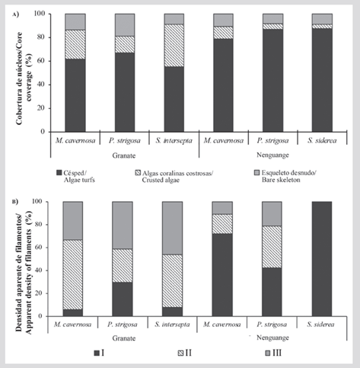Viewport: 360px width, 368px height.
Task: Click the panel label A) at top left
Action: [16, 14]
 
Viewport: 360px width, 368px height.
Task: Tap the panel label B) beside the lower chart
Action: [15, 202]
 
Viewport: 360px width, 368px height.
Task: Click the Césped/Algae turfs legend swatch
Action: [59, 173]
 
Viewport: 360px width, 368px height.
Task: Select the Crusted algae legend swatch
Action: [138, 173]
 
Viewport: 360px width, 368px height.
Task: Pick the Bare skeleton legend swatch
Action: [256, 173]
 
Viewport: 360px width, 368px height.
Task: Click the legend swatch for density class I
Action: [97, 353]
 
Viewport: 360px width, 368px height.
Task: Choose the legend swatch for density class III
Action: [268, 353]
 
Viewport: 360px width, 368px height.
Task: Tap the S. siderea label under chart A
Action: [322, 140]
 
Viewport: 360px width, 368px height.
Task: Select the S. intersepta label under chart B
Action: [173, 325]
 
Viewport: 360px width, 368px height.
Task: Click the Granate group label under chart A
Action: [124, 155]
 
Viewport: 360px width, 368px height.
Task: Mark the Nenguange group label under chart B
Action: [272, 338]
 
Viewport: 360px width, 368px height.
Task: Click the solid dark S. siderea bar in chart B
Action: [322, 259]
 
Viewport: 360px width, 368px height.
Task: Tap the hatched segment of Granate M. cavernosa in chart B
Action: [73, 274]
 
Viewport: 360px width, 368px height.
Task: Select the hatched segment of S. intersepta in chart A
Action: [174, 46]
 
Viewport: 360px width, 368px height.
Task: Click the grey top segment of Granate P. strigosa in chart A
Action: [125, 25]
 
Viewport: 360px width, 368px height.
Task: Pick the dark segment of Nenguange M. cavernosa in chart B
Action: [222, 275]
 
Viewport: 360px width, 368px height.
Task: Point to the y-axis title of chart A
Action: [24, 78]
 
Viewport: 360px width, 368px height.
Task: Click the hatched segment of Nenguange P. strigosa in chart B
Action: [272, 247]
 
